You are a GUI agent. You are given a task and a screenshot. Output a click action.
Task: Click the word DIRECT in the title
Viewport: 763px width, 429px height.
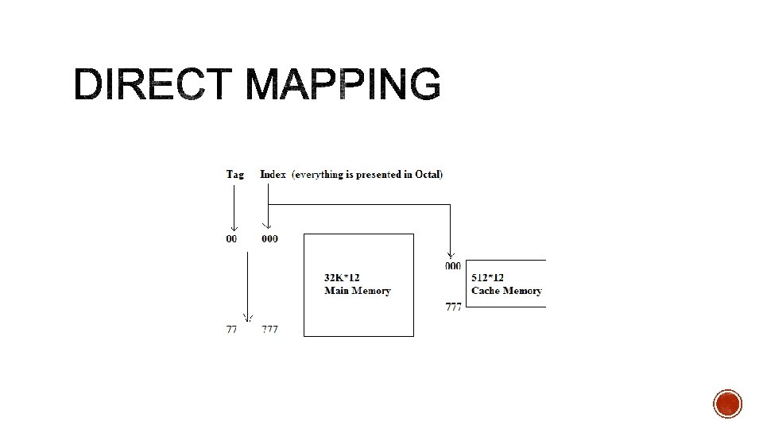coord(155,84)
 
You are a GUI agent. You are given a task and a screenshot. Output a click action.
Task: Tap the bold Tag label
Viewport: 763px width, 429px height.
coord(235,174)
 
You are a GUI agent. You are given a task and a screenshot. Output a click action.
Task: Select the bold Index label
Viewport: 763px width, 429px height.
coord(273,174)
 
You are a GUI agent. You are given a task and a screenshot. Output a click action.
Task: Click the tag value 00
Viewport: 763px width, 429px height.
coord(232,239)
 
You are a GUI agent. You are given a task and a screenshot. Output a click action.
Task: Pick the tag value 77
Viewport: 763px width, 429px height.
coord(231,329)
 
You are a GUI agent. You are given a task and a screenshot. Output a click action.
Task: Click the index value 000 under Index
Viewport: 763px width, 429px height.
coord(270,239)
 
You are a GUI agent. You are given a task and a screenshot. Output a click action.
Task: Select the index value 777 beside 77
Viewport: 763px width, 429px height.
coord(270,329)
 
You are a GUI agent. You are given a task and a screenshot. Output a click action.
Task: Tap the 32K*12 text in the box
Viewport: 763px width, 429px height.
coord(342,278)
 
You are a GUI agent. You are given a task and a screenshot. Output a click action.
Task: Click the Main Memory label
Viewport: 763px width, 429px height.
coord(358,291)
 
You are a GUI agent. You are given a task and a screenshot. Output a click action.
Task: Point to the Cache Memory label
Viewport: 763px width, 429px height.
coord(506,291)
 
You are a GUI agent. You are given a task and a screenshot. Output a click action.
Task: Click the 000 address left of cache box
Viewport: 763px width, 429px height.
coord(452,266)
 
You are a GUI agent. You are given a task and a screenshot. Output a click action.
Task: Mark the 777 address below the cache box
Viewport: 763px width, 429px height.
coord(453,307)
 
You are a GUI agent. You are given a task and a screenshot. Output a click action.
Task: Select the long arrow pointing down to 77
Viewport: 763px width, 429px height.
coord(247,286)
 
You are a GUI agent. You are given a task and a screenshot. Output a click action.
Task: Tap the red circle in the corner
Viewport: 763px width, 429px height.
coord(727,404)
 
